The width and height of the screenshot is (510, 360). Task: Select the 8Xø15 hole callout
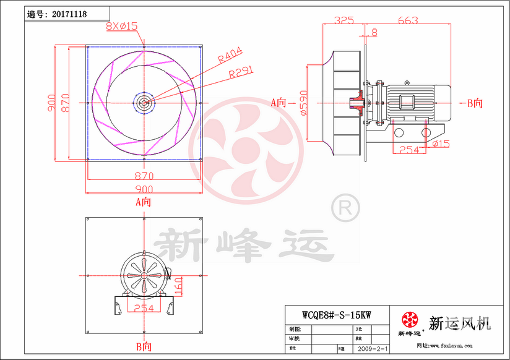point(122,26)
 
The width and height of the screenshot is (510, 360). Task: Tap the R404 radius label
point(230,56)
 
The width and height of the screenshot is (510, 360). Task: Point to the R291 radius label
point(241,73)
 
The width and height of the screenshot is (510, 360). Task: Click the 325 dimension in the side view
point(344,20)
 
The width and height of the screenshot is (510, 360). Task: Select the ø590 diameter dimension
point(303,103)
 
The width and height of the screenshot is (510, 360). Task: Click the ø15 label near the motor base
point(441,144)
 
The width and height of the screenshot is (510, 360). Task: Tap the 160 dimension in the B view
point(178,286)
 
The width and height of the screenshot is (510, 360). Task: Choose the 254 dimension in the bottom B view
point(144,309)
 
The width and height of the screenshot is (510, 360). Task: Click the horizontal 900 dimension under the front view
point(144,189)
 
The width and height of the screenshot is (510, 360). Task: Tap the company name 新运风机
point(459,323)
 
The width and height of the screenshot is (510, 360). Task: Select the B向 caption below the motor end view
point(144,346)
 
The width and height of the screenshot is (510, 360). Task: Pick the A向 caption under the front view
point(144,202)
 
